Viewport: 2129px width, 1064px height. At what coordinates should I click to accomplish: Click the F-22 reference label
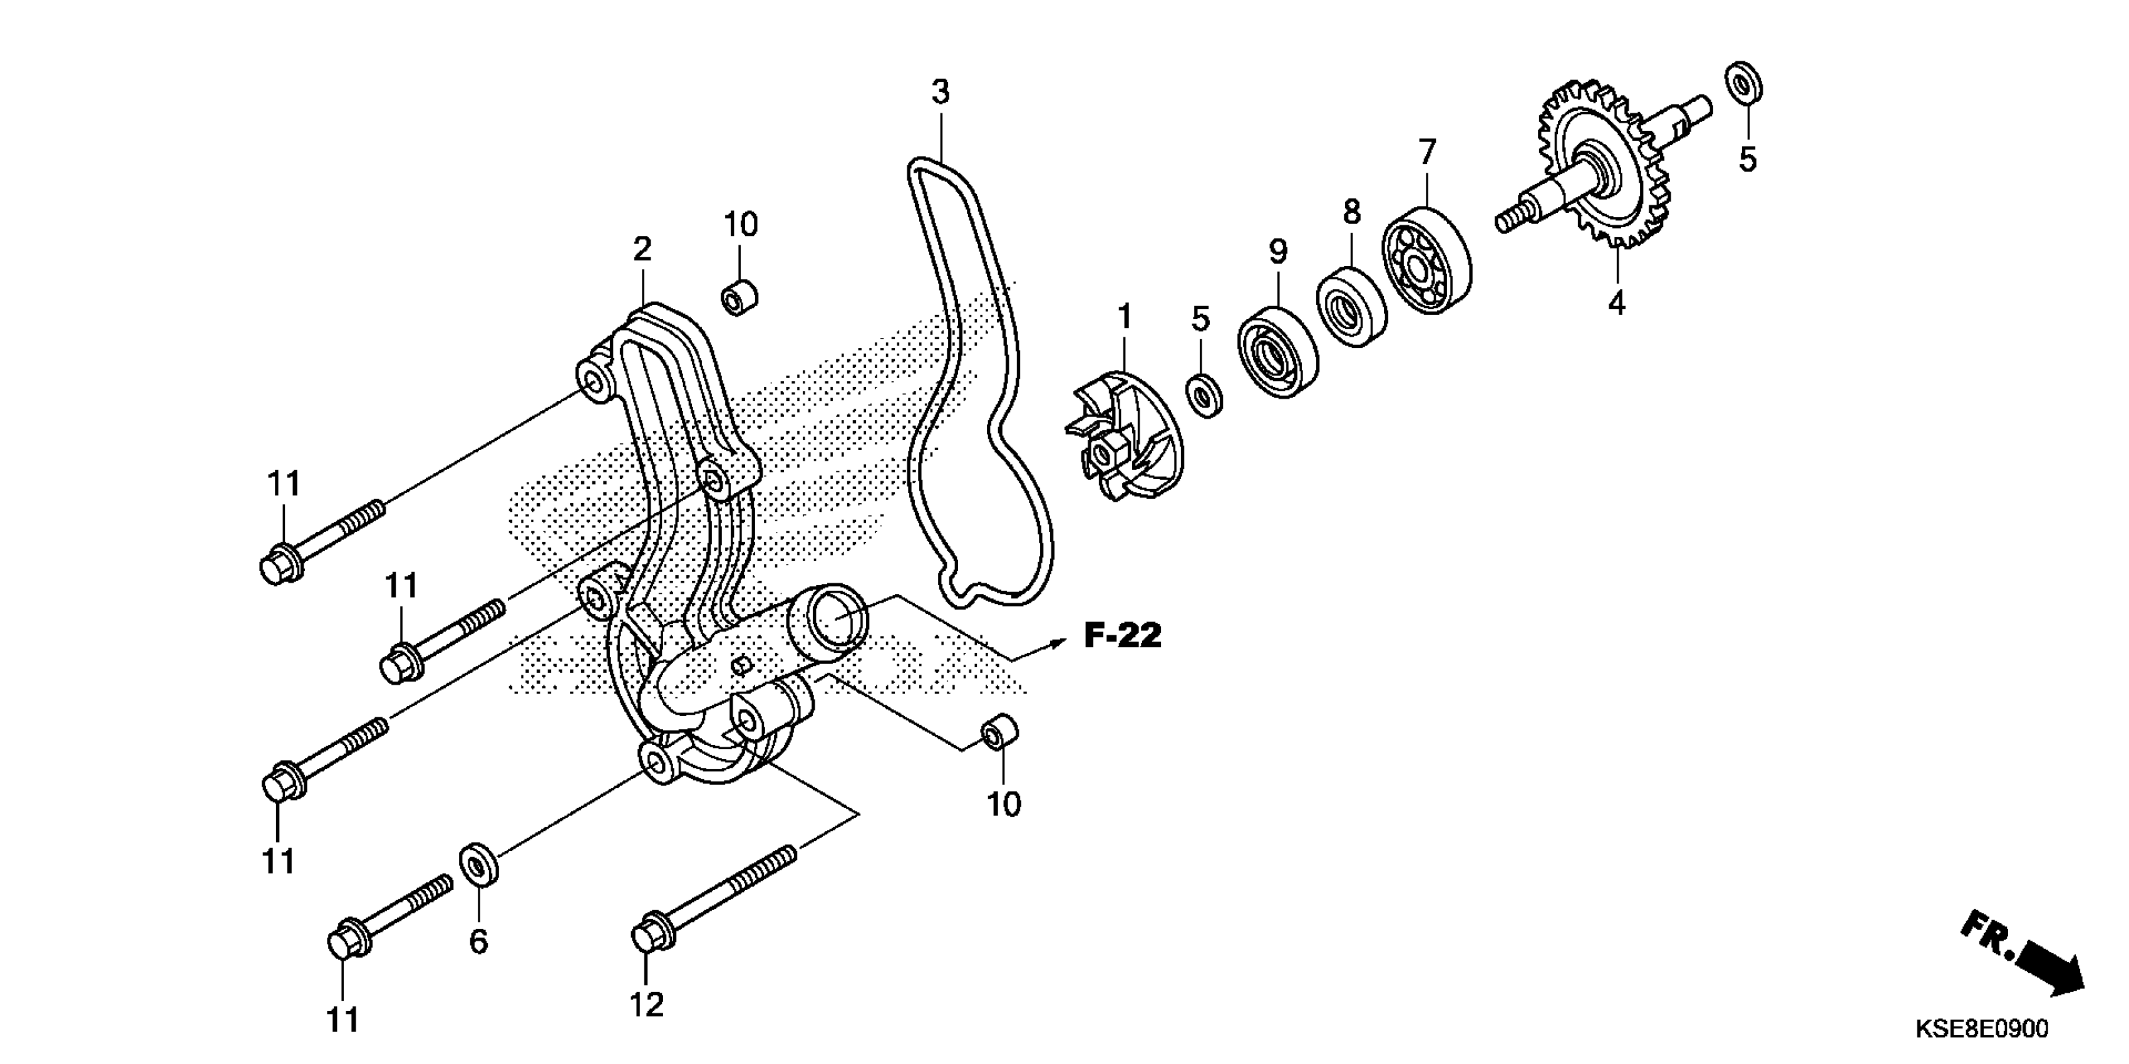coord(1122,635)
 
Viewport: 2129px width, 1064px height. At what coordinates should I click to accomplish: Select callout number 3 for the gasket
coord(941,92)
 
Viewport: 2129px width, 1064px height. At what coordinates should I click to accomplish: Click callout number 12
coord(646,1005)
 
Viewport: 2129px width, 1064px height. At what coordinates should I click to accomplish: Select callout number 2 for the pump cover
coord(642,248)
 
